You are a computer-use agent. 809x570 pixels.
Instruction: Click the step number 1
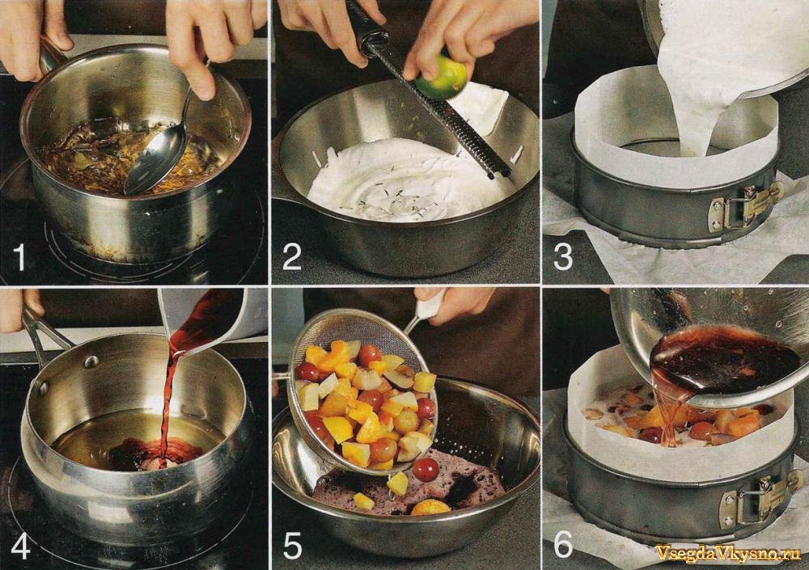click(19, 257)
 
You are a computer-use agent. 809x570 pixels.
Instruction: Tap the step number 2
click(291, 257)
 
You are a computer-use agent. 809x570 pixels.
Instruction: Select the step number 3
click(563, 257)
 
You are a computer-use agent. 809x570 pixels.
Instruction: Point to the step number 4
click(20, 546)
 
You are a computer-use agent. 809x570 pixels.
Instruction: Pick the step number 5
click(293, 546)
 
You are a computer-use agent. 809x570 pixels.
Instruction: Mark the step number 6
click(563, 543)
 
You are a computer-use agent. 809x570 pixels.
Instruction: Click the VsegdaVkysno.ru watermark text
click(728, 552)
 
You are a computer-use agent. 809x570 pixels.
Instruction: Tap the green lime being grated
click(442, 78)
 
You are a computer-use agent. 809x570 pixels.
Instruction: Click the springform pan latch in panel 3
click(746, 206)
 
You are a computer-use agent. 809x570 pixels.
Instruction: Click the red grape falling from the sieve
click(426, 470)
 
